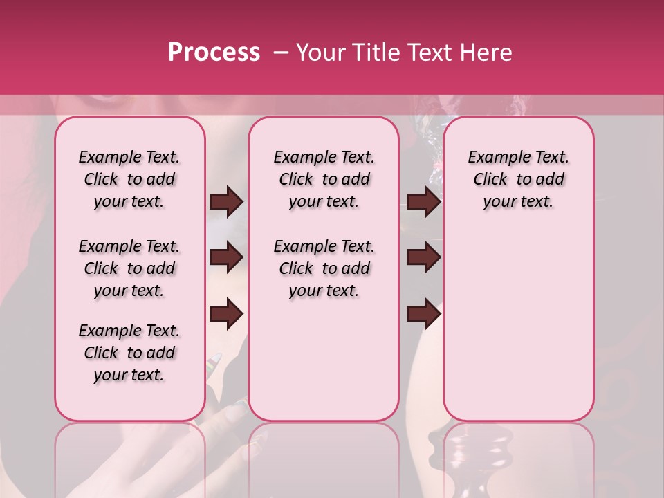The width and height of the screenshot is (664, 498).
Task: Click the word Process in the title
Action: (214, 53)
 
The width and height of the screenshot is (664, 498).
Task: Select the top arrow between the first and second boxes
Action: (226, 202)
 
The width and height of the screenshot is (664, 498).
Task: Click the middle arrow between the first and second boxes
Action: (226, 257)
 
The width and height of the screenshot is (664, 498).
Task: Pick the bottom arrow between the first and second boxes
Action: (226, 314)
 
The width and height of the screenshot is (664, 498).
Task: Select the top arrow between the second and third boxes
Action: (424, 202)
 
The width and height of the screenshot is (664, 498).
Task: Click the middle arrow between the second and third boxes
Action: (424, 257)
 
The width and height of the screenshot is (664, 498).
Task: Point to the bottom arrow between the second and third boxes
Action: (424, 314)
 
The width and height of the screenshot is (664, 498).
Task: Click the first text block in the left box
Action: (129, 179)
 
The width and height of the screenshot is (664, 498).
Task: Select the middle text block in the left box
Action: (129, 268)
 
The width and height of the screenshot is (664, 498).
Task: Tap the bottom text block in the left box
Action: (129, 353)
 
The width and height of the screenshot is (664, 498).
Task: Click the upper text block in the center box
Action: (324, 179)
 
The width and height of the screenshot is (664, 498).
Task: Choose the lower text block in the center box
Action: (324, 268)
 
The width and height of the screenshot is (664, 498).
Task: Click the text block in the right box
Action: (519, 179)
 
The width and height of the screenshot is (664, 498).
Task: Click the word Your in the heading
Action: (322, 53)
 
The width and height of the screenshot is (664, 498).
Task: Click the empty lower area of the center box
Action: (324, 360)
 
